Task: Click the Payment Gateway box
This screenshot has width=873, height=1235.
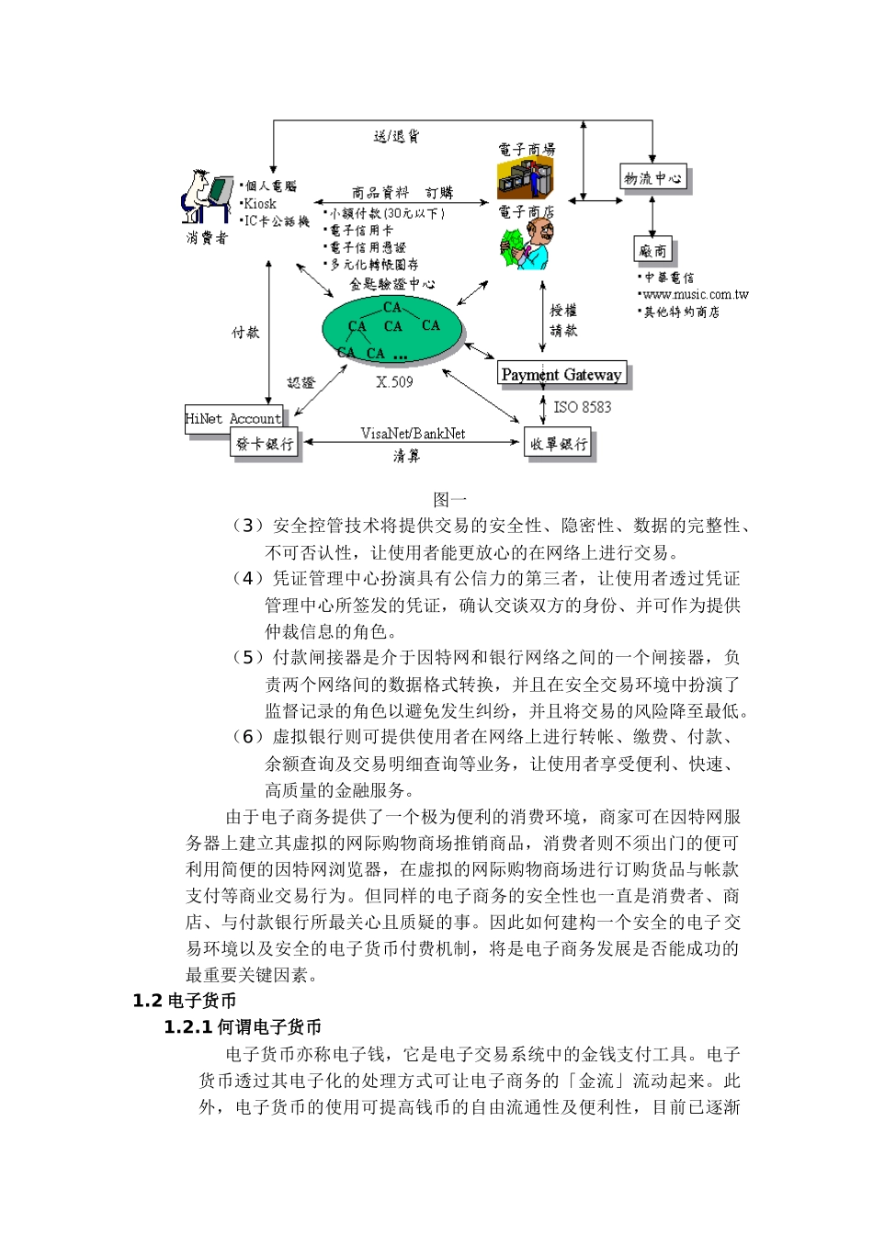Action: point(561,374)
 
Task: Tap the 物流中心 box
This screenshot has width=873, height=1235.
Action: point(652,178)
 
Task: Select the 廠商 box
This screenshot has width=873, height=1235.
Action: point(652,250)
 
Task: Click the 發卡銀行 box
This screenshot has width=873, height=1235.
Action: point(265,444)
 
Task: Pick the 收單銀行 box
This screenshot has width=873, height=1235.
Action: point(558,444)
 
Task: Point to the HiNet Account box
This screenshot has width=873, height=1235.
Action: point(232,418)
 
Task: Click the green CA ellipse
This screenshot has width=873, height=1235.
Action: point(392,329)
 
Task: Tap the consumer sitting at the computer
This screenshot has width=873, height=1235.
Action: point(206,197)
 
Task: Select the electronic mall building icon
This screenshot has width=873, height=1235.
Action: point(526,178)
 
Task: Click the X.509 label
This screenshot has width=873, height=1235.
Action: point(394,382)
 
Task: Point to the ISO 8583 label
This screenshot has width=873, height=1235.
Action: point(582,407)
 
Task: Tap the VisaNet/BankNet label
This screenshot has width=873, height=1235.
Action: point(413,434)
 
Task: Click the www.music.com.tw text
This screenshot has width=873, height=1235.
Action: point(696,295)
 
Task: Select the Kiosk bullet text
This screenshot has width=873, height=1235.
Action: point(259,204)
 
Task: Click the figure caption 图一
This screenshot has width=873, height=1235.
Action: point(450,500)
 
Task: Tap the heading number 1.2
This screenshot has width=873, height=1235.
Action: point(147,1002)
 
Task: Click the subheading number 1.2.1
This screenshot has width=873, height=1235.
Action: point(187,1027)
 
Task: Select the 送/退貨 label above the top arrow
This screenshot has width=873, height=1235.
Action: point(396,136)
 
